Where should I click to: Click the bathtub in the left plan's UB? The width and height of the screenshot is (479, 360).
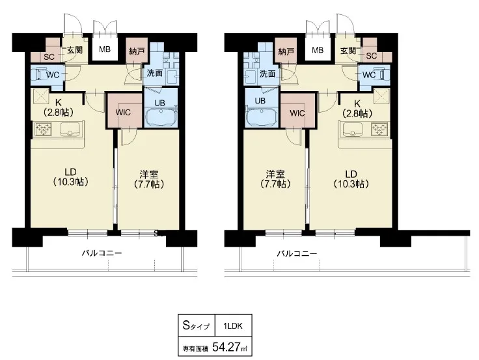click(160, 117)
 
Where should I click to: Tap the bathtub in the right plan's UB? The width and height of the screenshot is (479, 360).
click(262, 117)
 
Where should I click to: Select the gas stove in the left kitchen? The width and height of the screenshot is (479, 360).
click(43, 129)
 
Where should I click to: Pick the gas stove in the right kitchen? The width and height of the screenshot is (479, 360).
click(379, 129)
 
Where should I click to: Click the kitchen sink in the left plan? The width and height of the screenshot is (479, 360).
click(72, 129)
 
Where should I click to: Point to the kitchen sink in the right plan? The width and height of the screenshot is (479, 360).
click(351, 129)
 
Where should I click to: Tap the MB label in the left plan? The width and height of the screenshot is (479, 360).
click(105, 49)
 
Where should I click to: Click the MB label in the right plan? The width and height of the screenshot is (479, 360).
click(318, 49)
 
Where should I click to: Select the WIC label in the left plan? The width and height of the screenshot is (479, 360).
click(123, 113)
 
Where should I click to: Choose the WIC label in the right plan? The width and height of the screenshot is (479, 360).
click(297, 113)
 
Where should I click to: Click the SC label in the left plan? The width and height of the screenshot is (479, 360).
click(49, 57)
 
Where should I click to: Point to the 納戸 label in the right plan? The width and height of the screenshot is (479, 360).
click(286, 51)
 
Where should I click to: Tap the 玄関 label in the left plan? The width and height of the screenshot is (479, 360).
click(75, 49)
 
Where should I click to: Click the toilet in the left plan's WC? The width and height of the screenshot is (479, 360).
click(41, 74)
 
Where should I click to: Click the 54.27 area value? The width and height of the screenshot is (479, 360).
click(225, 347)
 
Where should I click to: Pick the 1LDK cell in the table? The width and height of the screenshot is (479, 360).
click(233, 325)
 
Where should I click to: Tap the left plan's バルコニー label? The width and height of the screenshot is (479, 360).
click(102, 253)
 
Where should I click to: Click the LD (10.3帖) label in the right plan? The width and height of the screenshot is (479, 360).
click(351, 179)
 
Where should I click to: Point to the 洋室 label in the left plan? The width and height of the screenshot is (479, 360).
click(149, 174)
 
